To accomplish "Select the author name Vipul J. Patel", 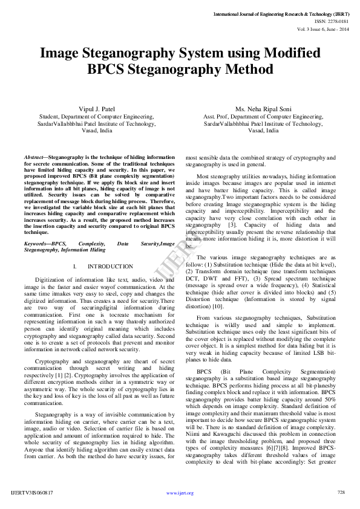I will point(97,109).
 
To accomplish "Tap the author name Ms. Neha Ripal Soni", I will point(263,109).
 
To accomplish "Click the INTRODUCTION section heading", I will point(110,266).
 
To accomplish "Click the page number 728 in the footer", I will point(341,492).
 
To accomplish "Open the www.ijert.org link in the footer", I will point(180,493).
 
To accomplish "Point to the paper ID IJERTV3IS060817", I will point(32,493).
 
